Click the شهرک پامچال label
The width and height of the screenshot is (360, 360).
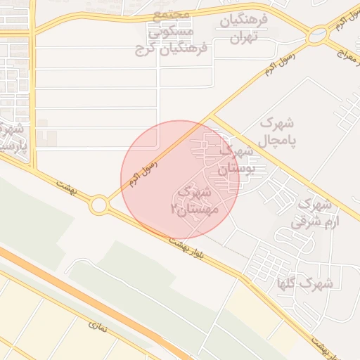click(277, 131)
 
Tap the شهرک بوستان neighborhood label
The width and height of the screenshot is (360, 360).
click(233, 160)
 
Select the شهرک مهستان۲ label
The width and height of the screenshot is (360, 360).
click(195, 200)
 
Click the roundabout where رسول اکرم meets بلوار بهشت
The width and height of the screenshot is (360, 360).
click(98, 205)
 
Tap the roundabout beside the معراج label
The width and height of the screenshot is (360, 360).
click(318, 33)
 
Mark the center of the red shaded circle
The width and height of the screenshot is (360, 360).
click(180, 180)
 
